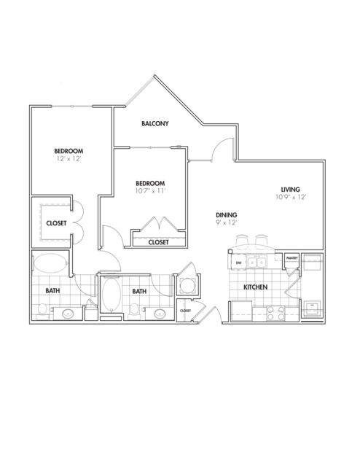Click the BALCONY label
point(154,123)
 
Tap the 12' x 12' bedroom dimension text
point(69,159)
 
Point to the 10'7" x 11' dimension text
point(150,191)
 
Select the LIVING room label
point(290,190)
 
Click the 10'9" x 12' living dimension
point(291,197)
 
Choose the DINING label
point(226,215)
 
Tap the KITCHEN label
point(256,287)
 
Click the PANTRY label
point(291,258)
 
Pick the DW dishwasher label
point(238,263)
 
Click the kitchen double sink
point(257,263)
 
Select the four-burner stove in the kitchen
point(275,314)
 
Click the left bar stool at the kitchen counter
point(242,239)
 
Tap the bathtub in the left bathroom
point(50,263)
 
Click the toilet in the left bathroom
point(42,310)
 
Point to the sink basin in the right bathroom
point(160,314)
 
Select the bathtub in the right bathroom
point(111,294)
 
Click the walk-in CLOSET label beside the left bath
point(56,223)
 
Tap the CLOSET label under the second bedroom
point(158,242)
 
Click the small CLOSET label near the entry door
point(185,311)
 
